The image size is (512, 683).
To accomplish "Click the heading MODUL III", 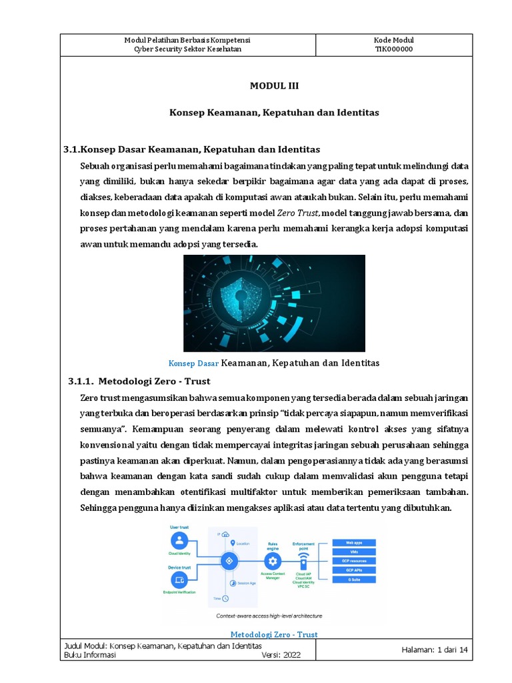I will [x=269, y=86].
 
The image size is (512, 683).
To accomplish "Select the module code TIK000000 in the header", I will [x=393, y=49].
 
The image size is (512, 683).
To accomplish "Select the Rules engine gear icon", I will [x=272, y=560].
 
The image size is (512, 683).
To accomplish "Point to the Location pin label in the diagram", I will [x=241, y=544].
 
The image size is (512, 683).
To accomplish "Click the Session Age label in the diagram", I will [x=243, y=582].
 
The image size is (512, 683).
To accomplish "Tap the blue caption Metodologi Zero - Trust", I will [x=273, y=634].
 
